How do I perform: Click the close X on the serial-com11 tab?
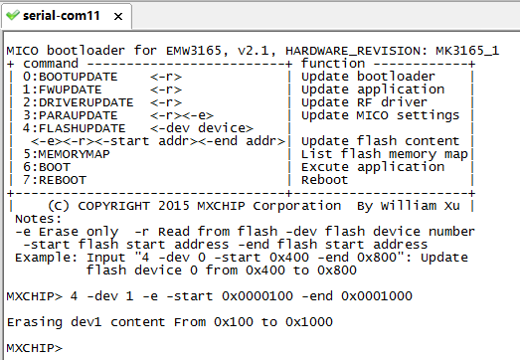click(118, 16)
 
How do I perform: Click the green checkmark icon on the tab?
click(13, 15)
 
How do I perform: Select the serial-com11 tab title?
click(62, 16)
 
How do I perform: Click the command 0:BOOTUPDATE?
click(70, 77)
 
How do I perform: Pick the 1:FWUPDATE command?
click(62, 90)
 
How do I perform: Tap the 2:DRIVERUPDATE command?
click(78, 102)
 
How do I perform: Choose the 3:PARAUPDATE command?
click(70, 115)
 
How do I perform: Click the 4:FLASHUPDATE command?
click(74, 128)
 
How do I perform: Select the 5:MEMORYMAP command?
click(67, 154)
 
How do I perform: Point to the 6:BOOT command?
click(47, 167)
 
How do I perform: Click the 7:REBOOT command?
click(55, 180)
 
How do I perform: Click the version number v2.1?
click(253, 51)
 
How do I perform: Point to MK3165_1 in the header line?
click(467, 51)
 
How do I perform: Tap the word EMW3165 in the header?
click(193, 51)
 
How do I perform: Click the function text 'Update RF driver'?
click(364, 102)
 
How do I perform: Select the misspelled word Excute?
click(325, 167)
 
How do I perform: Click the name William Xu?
click(420, 206)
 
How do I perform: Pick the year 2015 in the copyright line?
click(173, 206)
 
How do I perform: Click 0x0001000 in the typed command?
click(377, 296)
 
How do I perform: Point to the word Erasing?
click(35, 322)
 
